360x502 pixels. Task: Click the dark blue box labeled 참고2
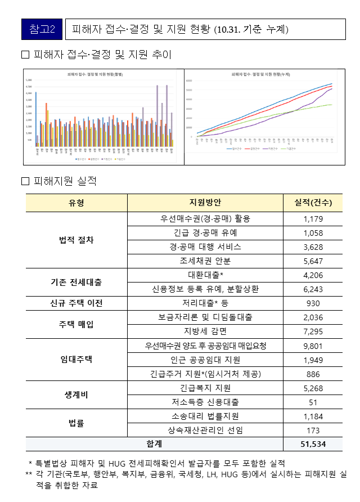pos(42,29)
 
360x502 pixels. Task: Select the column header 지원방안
pos(205,203)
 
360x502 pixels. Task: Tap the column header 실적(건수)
pos(313,203)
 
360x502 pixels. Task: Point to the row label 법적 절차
pos(76,240)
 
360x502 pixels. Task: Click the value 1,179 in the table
pos(313,218)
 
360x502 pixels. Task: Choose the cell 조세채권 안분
pos(205,261)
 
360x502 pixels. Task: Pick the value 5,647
pos(313,261)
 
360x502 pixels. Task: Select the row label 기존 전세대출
pos(76,282)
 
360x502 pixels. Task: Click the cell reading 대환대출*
pos(205,275)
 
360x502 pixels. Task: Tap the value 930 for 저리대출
pos(313,303)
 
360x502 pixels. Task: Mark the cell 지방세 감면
pos(205,331)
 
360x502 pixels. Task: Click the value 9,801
pos(313,346)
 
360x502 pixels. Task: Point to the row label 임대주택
pos(76,360)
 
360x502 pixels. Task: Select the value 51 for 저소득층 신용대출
pos(313,402)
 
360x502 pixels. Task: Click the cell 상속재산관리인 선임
pos(205,430)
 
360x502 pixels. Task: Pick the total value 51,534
pos(313,444)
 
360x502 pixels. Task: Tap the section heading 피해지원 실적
pos(65,181)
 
